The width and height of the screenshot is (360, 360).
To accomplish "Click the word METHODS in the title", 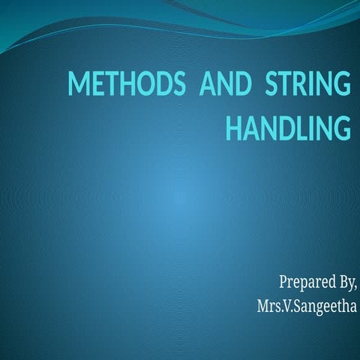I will click(127, 84).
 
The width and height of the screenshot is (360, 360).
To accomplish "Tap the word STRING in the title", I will click(307, 84).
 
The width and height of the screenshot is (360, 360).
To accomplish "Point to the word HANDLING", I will click(288, 128).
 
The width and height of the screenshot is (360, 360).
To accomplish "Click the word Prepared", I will click(303, 283).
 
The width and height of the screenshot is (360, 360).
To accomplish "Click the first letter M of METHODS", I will click(78, 84).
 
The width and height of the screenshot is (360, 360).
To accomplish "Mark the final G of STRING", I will click(341, 84).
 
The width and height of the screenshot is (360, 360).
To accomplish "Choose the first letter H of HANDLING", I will click(233, 128).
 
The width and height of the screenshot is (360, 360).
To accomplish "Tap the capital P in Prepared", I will click(283, 283).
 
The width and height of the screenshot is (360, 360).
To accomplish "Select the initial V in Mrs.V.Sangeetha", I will click(283, 307).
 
